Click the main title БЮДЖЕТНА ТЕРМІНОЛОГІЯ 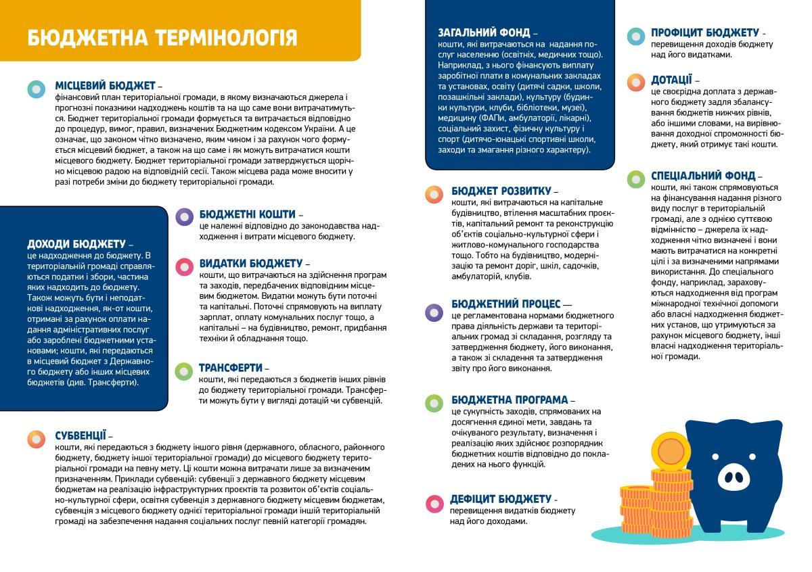click(162, 37)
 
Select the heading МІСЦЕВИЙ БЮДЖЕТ click(106, 86)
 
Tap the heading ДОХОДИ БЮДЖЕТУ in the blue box click(76, 243)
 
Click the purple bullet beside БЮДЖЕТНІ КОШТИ click(184, 216)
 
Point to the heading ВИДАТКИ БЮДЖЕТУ click(250, 263)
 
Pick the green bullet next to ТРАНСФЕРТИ click(184, 371)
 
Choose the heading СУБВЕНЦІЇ click(81, 435)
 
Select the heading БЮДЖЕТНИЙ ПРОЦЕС click(506, 304)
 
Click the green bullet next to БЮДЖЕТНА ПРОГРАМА click(434, 403)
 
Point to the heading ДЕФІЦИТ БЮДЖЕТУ click(501, 499)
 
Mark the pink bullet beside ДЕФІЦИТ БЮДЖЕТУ click(434, 503)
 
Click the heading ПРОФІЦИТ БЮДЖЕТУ click(705, 32)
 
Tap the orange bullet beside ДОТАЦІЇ click(635, 82)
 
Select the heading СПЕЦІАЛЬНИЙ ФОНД click(702, 176)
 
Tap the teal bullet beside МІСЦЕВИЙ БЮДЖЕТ click(37, 89)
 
